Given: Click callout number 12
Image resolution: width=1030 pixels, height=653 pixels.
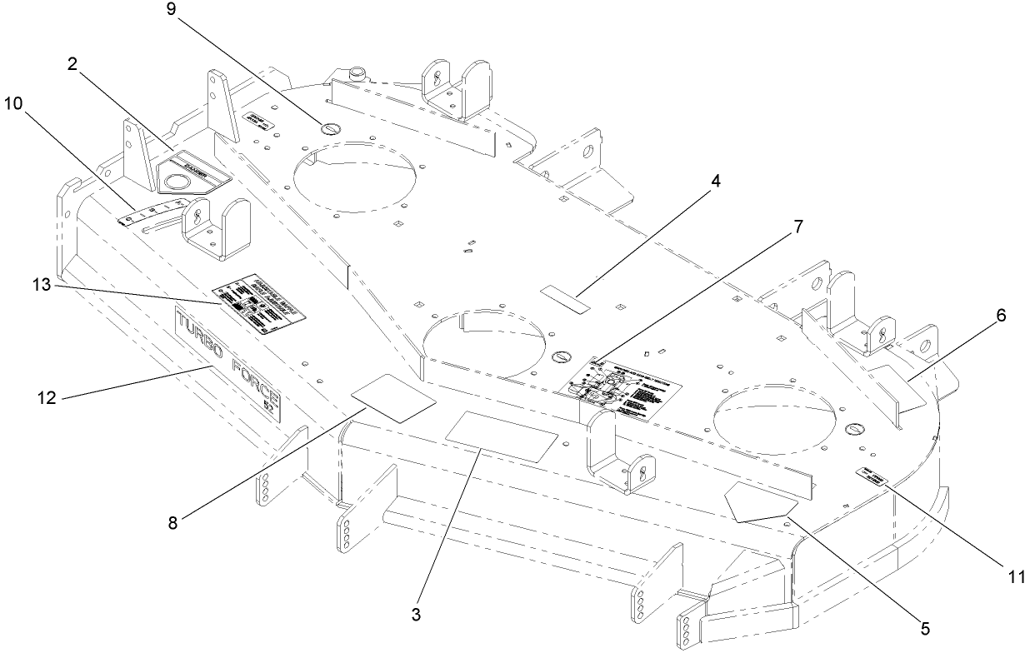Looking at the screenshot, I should pyautogui.click(x=47, y=398).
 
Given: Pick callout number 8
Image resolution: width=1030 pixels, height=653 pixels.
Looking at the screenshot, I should pyautogui.click(x=172, y=523).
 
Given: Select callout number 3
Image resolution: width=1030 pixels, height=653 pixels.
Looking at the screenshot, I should pyautogui.click(x=417, y=615).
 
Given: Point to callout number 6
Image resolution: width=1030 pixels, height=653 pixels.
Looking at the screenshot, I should pyautogui.click(x=1001, y=316).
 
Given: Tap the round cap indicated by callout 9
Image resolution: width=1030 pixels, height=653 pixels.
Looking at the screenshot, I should pyautogui.click(x=331, y=130).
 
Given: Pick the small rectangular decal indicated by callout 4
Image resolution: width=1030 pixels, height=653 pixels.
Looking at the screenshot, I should pyautogui.click(x=566, y=297).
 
